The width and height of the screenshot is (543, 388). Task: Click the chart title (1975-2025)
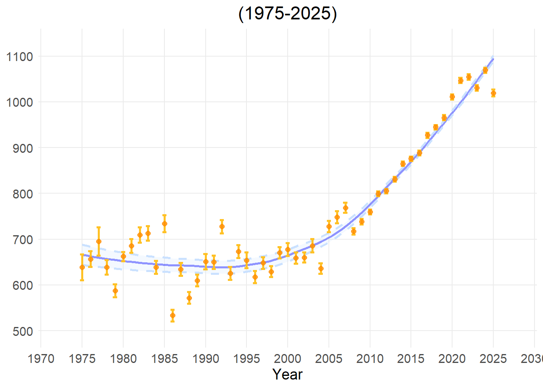tap(287, 14)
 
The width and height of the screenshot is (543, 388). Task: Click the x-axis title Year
tap(287, 374)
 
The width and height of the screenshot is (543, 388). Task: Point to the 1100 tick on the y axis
tap(20, 57)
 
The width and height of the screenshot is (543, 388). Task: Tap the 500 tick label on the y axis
tap(20, 331)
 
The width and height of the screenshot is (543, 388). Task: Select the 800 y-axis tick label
tap(20, 194)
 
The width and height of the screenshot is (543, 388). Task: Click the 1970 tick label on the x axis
tap(41, 358)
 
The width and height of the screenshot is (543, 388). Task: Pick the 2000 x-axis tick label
tap(288, 358)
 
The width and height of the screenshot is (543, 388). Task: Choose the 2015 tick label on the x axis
tap(411, 358)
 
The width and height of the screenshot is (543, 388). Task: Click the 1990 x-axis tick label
tap(206, 358)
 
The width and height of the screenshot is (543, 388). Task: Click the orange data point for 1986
tap(173, 316)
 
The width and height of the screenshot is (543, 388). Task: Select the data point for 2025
tap(493, 93)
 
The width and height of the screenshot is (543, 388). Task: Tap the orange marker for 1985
tap(164, 224)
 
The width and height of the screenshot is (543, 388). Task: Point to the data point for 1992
tap(222, 227)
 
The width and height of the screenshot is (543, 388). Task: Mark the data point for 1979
tap(115, 291)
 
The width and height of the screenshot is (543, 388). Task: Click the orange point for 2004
tap(321, 268)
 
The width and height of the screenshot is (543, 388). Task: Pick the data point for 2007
tap(345, 208)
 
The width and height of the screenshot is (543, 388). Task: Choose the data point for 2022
tap(469, 77)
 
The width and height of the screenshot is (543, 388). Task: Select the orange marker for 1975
tap(82, 267)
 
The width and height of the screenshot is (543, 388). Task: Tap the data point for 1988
tap(189, 298)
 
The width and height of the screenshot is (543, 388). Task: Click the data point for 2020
tap(452, 97)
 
